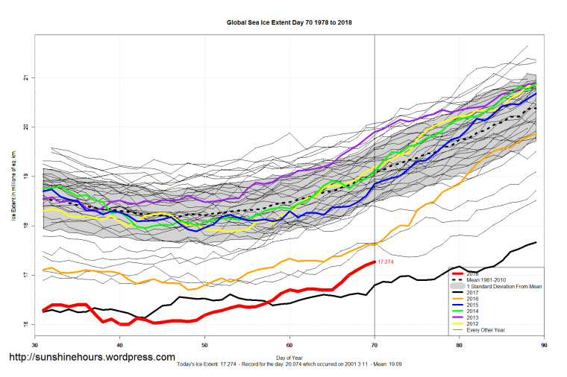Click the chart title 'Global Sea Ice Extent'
pos(289,22)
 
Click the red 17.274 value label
pos(386,262)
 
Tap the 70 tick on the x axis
pos(375,344)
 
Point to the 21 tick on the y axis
pos(25,77)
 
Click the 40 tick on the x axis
pos(120,344)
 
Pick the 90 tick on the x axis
pos(544,344)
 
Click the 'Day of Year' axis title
pos(289,358)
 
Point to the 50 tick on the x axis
pos(205,344)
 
